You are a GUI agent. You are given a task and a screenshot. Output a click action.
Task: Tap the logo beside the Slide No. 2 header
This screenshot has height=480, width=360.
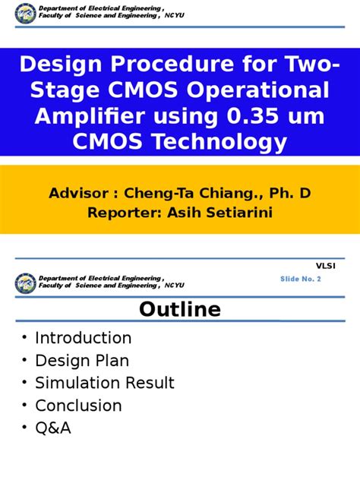click(x=25, y=283)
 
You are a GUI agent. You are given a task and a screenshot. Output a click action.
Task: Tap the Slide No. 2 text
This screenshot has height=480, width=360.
click(x=301, y=279)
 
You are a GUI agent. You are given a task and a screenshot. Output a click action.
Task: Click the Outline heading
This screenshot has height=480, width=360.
click(x=179, y=310)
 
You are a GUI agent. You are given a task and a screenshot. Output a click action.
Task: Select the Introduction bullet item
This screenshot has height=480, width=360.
click(x=84, y=338)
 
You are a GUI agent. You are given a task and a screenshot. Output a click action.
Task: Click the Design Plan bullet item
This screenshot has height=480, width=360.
click(x=82, y=361)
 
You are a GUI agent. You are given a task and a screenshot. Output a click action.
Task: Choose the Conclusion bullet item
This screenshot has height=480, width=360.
click(x=78, y=406)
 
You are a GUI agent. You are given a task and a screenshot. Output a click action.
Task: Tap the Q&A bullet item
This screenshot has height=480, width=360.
click(x=53, y=429)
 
